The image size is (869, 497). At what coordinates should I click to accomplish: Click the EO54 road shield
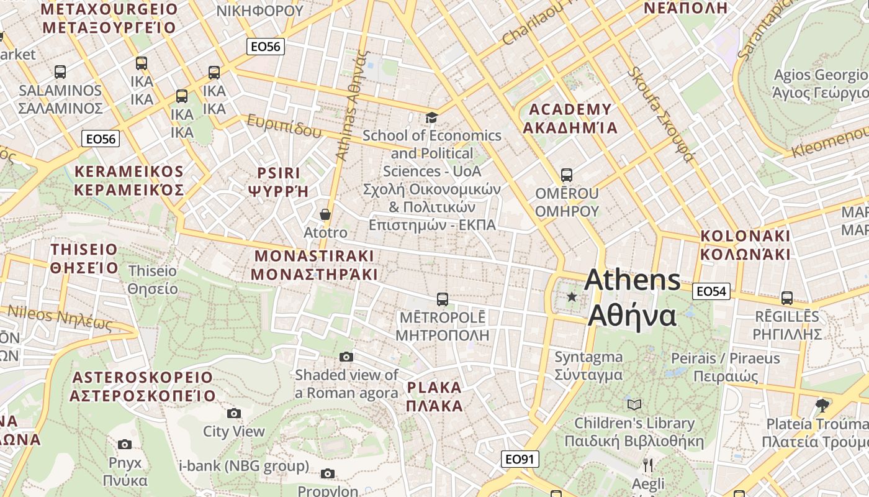[x=712, y=291]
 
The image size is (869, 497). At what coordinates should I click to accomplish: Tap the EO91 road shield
[x=520, y=459]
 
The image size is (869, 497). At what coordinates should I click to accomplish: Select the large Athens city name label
[x=633, y=298]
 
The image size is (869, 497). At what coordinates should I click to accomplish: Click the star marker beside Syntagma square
[x=572, y=297]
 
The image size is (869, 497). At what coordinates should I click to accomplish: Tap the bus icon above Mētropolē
[x=443, y=299]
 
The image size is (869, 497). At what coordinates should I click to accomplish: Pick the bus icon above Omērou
[x=566, y=175]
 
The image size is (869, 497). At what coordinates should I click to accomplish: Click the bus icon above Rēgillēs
[x=787, y=298]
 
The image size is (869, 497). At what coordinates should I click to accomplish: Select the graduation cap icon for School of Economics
[x=431, y=117]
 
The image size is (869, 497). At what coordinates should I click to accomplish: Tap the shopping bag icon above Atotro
[x=325, y=215]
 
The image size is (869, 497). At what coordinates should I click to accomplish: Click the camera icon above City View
[x=234, y=413]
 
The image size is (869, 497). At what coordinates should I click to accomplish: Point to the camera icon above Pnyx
[x=125, y=444]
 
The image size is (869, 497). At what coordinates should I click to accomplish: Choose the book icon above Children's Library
[x=634, y=405]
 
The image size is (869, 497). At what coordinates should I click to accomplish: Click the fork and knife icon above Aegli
[x=647, y=465]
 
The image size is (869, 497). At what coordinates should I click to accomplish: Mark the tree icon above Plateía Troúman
[x=822, y=406]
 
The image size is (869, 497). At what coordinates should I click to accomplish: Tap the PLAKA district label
[x=434, y=397]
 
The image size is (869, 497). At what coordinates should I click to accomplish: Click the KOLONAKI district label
[x=745, y=245]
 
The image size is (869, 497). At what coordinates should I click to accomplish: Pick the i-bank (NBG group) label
[x=243, y=466]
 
